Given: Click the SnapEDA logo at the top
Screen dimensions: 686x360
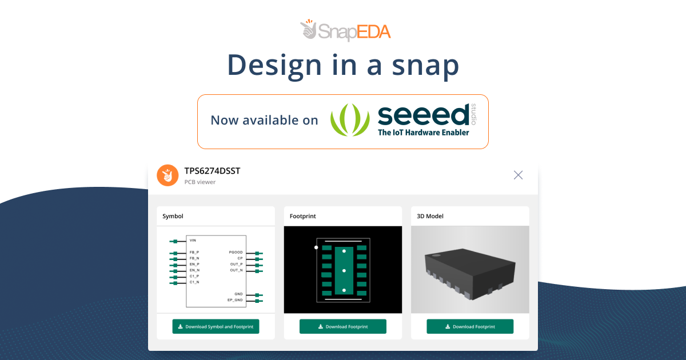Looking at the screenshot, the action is tap(345, 30).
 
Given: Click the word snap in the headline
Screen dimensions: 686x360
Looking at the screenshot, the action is tap(425, 65).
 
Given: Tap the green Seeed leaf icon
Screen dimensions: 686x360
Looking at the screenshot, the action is tap(350, 119).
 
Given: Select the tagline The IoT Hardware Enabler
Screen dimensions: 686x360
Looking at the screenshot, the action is tap(423, 133).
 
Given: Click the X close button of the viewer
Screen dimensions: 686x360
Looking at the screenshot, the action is tap(518, 175).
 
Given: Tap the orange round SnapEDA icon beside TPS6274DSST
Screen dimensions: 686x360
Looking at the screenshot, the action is tap(167, 175).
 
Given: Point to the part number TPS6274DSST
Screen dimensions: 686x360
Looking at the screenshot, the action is tap(212, 171).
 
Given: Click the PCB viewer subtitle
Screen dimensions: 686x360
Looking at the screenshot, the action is tap(200, 182).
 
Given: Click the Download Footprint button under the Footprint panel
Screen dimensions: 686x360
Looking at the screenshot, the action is tap(342, 326).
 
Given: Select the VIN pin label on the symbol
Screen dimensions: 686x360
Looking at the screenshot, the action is tap(193, 241).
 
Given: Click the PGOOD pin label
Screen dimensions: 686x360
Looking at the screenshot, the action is tap(236, 252).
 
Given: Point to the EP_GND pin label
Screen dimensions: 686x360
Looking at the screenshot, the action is tap(235, 300).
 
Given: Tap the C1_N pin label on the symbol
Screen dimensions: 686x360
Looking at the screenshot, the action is tap(194, 282).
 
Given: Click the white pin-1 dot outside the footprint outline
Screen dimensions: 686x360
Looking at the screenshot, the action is tap(316, 247).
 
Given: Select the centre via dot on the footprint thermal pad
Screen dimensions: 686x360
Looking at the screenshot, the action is tap(344, 271).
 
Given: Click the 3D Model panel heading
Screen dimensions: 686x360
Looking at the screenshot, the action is tap(430, 216).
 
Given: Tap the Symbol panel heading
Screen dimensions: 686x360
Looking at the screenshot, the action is tap(173, 216).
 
